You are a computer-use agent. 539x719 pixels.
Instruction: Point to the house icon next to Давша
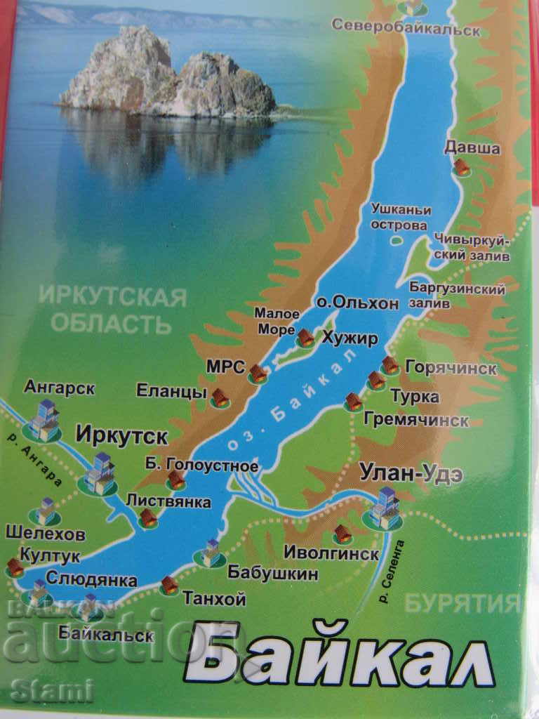(x=462, y=167)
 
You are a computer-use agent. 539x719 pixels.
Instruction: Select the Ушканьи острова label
(x=397, y=218)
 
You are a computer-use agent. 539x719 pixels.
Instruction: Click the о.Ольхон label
(x=357, y=303)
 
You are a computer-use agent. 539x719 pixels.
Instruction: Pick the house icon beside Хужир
(x=305, y=338)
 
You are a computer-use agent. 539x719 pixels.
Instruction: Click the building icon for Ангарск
(x=45, y=420)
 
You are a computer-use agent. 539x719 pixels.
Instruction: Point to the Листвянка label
(x=168, y=501)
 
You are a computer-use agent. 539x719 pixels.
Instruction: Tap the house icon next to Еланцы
(x=220, y=399)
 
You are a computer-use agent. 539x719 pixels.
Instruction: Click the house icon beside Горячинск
(x=390, y=366)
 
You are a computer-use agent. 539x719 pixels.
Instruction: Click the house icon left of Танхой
(x=169, y=586)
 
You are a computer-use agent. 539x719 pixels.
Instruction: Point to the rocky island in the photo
(x=168, y=74)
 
